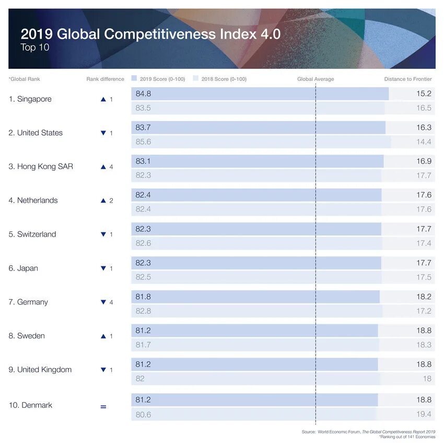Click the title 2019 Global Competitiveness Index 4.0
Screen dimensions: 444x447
150,34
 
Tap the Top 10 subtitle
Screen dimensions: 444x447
35,48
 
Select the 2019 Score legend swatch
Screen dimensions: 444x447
134,79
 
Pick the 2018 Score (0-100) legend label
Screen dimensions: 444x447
224,79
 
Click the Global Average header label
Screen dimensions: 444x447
316,79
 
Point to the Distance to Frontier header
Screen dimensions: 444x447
408,79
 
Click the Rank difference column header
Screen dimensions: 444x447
105,79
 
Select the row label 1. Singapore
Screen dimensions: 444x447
30,99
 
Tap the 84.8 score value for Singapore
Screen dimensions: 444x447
143,94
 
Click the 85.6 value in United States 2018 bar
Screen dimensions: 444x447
143,142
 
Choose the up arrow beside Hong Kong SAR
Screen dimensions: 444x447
103,167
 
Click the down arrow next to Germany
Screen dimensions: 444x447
103,302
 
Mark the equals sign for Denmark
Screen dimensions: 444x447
103,406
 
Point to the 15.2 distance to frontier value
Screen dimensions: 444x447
424,94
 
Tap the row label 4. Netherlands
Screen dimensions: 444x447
33,201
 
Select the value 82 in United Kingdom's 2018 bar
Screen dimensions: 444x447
140,379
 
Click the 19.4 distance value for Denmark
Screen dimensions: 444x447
424,414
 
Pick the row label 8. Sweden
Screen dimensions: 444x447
27,336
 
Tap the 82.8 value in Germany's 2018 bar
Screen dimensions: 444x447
143,311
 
